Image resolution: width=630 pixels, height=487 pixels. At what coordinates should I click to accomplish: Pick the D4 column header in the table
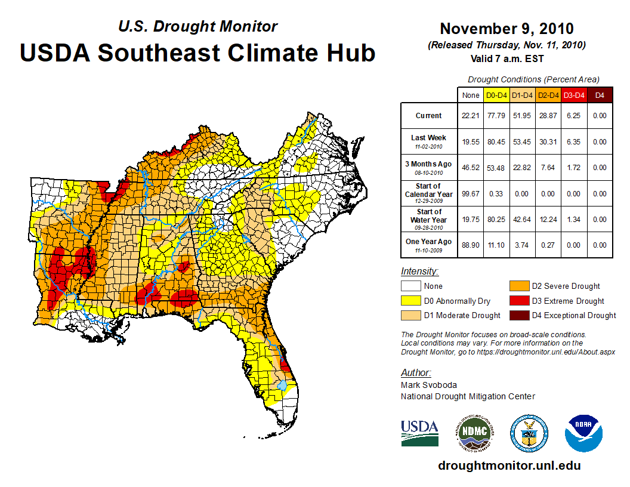tap(600, 95)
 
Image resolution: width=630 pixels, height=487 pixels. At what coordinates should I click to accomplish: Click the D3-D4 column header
tap(574, 95)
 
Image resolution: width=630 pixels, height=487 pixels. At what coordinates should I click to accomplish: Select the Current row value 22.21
tap(471, 116)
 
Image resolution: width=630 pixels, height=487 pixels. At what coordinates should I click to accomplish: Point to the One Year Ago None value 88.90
tap(471, 245)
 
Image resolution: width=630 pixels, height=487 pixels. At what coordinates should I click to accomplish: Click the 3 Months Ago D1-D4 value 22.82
tap(523, 168)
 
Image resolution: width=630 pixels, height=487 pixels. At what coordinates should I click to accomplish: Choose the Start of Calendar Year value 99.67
tap(471, 193)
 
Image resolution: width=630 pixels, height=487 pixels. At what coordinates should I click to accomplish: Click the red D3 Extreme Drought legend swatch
tap(518, 301)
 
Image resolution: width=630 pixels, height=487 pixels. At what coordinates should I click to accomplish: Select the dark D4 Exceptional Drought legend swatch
tap(518, 315)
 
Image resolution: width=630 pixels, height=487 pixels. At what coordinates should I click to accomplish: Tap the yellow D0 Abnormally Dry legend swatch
tap(411, 301)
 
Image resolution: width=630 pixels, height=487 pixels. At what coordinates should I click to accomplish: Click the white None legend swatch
tap(411, 286)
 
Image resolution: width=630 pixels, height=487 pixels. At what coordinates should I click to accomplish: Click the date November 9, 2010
tap(507, 29)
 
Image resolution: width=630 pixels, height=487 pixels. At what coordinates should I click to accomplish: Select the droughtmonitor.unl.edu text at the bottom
tap(509, 466)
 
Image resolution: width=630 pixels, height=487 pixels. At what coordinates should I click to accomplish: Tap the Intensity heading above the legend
tap(419, 272)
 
